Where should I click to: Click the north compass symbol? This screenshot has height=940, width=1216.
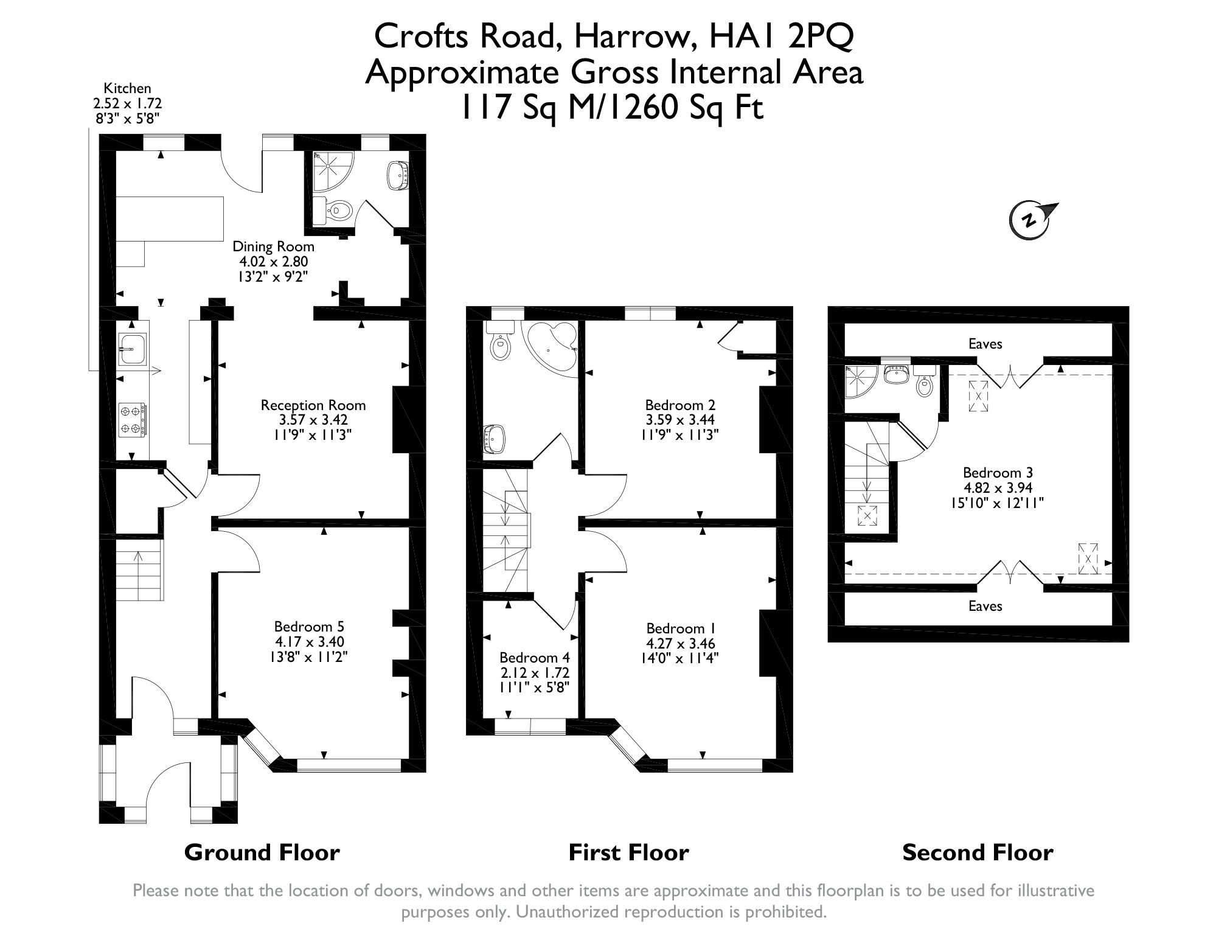click(x=1033, y=219)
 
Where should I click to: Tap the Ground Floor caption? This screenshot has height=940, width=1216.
click(x=262, y=852)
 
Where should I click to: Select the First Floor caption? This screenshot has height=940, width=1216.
click(x=628, y=852)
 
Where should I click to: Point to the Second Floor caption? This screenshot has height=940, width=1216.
click(x=978, y=852)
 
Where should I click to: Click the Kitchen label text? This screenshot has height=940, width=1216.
click(x=127, y=89)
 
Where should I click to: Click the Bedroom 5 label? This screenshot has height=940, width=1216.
click(x=309, y=626)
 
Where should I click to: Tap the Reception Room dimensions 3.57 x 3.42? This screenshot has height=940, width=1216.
click(x=313, y=420)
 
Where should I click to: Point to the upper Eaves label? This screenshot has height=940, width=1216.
click(x=985, y=344)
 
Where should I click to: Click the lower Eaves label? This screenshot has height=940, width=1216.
click(x=985, y=605)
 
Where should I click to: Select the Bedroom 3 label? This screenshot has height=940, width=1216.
click(x=998, y=473)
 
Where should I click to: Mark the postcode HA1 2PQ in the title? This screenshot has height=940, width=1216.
click(x=782, y=35)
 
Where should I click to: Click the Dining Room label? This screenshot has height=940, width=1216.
click(x=274, y=246)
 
